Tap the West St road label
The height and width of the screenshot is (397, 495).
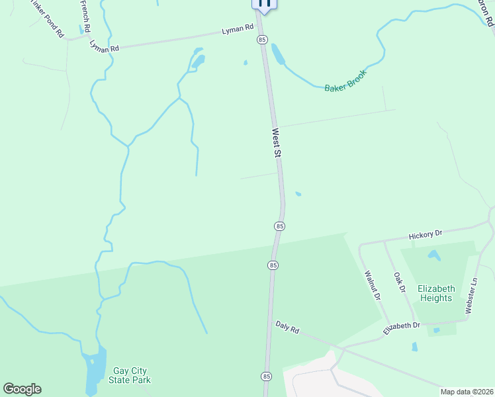[277, 143]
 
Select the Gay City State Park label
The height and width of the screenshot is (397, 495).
[130, 375]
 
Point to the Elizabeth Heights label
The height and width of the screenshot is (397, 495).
[436, 293]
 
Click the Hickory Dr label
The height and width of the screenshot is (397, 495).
[425, 234]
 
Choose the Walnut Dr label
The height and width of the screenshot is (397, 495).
[371, 285]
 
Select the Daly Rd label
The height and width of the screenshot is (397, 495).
[288, 326]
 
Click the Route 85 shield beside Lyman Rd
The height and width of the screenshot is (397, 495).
[262, 40]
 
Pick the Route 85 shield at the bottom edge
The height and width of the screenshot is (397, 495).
[266, 376]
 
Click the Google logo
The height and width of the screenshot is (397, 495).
[22, 388]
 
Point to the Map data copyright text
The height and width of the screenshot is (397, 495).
[467, 392]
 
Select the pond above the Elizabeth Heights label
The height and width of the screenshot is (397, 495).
[434, 255]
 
